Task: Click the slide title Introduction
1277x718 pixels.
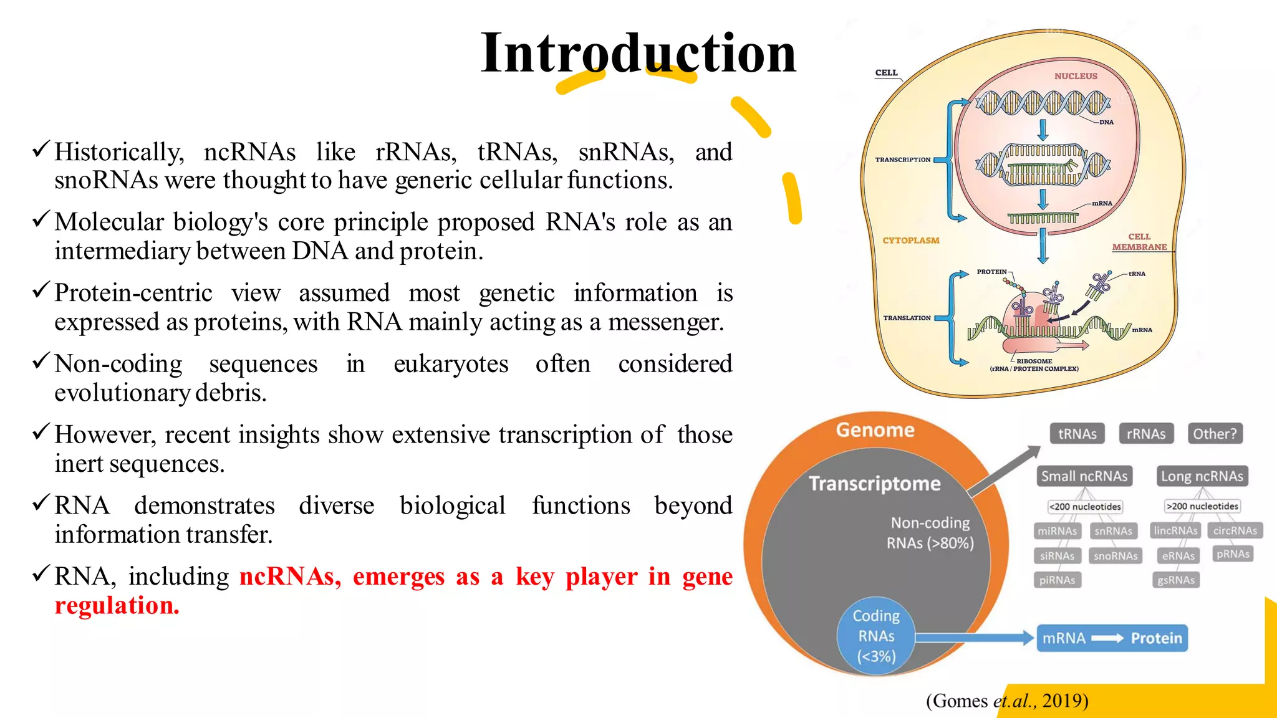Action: [x=638, y=53]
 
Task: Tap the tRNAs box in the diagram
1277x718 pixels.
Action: [x=1077, y=434]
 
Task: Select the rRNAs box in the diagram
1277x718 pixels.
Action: [x=1146, y=434]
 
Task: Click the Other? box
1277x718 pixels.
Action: [x=1215, y=434]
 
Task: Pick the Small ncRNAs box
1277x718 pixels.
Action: [x=1084, y=476]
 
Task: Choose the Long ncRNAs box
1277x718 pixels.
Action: [x=1202, y=476]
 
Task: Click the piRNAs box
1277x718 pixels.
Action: [x=1057, y=580]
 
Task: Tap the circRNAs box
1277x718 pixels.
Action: [x=1235, y=530]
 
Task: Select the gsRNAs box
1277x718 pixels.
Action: [x=1176, y=580]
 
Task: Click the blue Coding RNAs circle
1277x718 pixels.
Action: [x=876, y=636]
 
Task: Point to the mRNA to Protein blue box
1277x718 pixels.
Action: [x=1112, y=638]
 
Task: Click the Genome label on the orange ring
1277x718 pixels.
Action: [x=875, y=430]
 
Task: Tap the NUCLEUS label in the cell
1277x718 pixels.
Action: [x=1076, y=76]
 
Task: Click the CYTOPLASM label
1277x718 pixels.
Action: [x=910, y=241]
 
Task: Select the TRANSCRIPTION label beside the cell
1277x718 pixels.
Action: [x=902, y=160]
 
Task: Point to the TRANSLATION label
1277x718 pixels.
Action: [x=907, y=318]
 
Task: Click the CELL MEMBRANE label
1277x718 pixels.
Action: [x=1139, y=242]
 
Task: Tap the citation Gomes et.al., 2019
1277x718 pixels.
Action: [x=1007, y=701]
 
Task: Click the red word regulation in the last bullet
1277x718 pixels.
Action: [x=117, y=605]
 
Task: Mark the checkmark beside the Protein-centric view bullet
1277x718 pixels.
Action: [x=41, y=290]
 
